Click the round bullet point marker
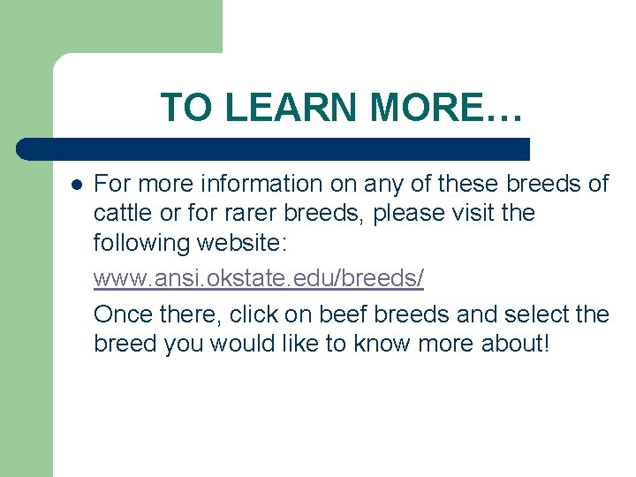tap(76, 185)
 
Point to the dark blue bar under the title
tap(274, 148)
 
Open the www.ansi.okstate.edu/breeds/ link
tap(258, 277)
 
